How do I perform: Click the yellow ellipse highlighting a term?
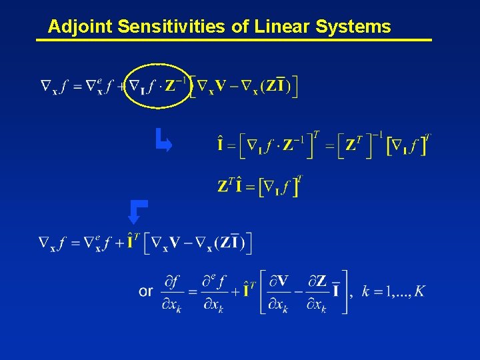[157, 85]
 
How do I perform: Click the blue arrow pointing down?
[136, 211]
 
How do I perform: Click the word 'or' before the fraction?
[146, 291]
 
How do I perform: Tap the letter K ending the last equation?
[419, 291]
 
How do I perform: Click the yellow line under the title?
[233, 41]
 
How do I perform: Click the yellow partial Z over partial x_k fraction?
[317, 291]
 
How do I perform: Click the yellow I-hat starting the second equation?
[221, 144]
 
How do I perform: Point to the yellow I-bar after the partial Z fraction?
[335, 291]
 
